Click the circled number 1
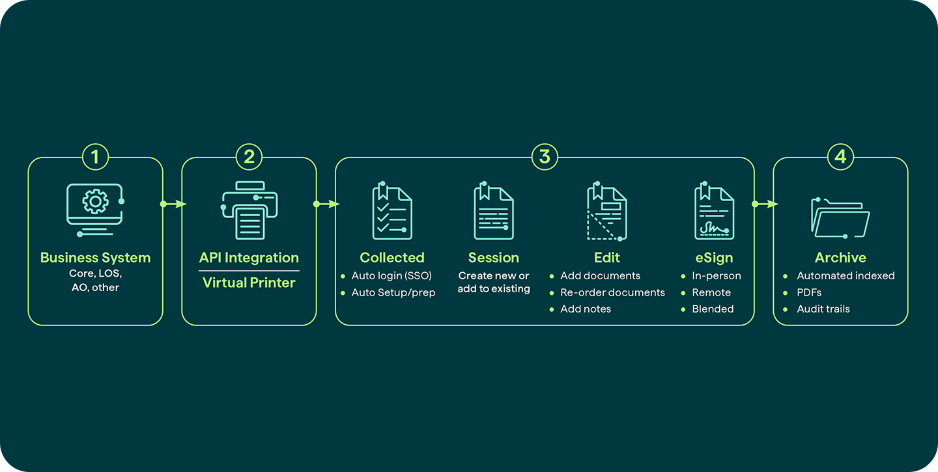96,157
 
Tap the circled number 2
249,157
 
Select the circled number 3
545,157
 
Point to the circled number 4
840,157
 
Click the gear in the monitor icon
96,201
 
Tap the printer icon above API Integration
249,210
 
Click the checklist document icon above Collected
392,210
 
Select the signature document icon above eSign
715,210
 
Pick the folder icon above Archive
840,217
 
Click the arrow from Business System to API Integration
173,204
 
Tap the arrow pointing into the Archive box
765,204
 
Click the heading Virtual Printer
249,283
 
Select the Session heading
494,257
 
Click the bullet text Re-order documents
612,292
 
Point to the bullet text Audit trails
823,309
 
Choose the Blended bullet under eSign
713,309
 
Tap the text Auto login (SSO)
391,276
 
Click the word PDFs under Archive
809,292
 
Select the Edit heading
607,257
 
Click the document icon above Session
494,210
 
